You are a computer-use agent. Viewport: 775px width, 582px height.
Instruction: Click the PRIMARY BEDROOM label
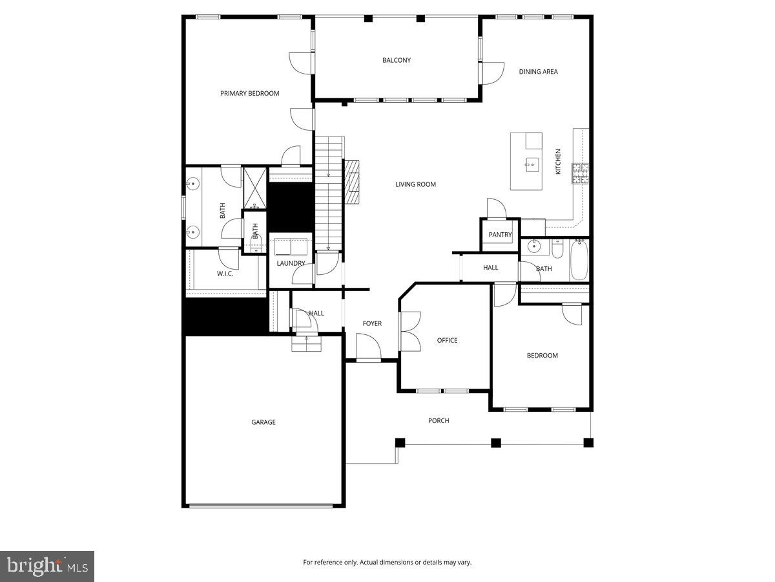pos(249,94)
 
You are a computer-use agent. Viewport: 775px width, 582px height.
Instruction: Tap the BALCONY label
pos(396,60)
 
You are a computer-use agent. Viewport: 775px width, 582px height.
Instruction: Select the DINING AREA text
pos(538,72)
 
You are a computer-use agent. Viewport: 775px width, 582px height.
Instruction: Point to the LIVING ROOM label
pos(415,184)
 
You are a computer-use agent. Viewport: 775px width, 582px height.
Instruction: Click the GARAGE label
pos(263,422)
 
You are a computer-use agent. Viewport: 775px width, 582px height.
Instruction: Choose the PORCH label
pos(439,421)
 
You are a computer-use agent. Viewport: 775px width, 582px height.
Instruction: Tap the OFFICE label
pos(447,340)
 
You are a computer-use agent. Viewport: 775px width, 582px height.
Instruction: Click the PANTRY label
pos(500,235)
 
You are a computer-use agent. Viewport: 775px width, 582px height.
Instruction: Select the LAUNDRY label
pos(291,263)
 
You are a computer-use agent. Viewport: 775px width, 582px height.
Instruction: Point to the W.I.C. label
pos(225,274)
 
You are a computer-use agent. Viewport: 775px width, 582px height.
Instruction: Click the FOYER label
pos(371,323)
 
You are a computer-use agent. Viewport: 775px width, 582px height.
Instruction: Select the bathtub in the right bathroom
pos(579,259)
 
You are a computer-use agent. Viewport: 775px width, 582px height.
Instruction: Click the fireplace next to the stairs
pos(353,182)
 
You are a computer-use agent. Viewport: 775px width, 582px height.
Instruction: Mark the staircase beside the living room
pos(328,194)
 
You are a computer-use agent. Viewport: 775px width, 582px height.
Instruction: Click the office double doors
pos(409,331)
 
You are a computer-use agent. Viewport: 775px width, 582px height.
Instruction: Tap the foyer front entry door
pos(368,348)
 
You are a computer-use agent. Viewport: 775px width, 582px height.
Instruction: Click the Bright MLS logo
pos(47,566)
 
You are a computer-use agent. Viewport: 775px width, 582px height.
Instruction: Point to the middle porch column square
pos(496,443)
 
